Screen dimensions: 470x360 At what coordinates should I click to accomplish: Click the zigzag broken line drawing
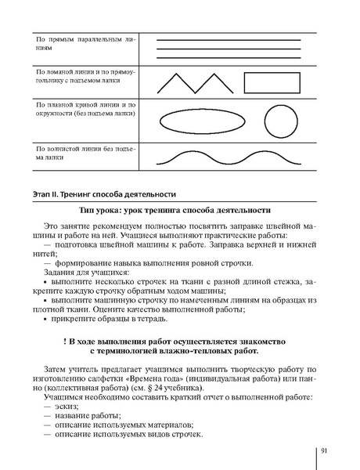[190, 81]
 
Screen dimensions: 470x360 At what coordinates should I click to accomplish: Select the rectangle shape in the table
[273, 81]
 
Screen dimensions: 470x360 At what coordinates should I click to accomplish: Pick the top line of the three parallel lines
[229, 39]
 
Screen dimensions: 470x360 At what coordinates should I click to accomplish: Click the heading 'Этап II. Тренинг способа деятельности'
[106, 193]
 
